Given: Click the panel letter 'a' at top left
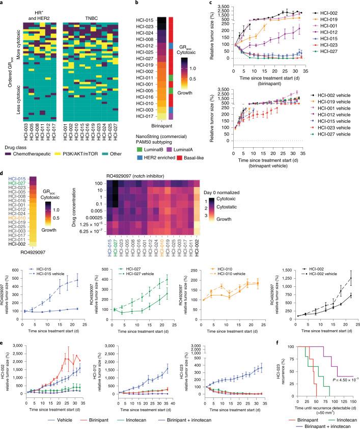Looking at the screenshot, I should pyautogui.click(x=3, y=4).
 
